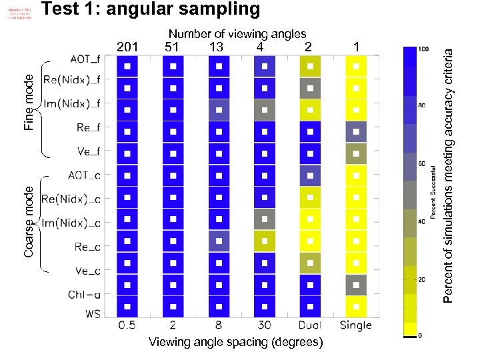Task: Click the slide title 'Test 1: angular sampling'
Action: [150, 10]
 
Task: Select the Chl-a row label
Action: [84, 293]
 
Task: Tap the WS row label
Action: [92, 313]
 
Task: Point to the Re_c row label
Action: [88, 247]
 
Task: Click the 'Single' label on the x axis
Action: [355, 326]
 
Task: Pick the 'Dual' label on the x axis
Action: [309, 326]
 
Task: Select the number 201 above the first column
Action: [127, 47]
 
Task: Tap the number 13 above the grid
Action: [216, 47]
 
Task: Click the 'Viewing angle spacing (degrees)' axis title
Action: [235, 343]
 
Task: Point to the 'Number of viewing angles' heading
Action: [237, 33]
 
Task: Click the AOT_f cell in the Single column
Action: [356, 66]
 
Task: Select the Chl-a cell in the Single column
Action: [356, 285]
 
